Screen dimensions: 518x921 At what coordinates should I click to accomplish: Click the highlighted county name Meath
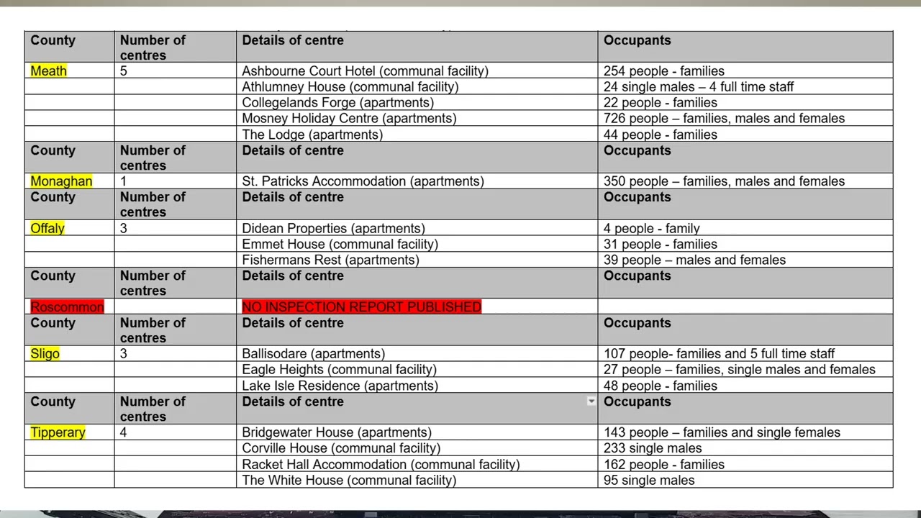48,71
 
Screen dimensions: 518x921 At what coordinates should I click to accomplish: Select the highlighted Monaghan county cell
61,181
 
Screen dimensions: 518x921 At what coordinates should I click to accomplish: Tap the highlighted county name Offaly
47,228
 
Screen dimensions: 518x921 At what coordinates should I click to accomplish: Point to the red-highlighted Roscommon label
67,306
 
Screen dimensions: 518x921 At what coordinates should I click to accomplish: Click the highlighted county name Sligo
45,353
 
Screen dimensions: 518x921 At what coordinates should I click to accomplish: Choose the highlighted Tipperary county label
58,432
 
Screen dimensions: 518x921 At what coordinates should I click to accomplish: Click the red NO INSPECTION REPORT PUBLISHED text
361,306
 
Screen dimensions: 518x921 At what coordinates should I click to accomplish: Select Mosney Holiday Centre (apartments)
349,118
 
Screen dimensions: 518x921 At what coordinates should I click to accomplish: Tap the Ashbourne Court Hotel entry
365,71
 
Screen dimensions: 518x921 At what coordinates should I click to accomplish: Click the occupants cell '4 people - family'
651,228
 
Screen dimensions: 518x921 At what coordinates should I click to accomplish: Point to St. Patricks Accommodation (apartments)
363,181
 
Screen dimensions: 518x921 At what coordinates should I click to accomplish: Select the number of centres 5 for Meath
124,71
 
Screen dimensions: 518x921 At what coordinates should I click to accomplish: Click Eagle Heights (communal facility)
339,369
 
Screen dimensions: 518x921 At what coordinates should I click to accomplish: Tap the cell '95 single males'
649,480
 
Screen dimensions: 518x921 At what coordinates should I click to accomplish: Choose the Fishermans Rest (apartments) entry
330,260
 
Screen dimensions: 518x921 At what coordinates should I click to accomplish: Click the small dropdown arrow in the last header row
591,401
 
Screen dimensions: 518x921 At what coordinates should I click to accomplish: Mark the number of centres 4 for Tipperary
124,432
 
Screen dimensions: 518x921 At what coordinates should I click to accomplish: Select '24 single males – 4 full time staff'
698,86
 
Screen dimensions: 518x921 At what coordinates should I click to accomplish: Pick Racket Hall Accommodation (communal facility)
381,464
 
